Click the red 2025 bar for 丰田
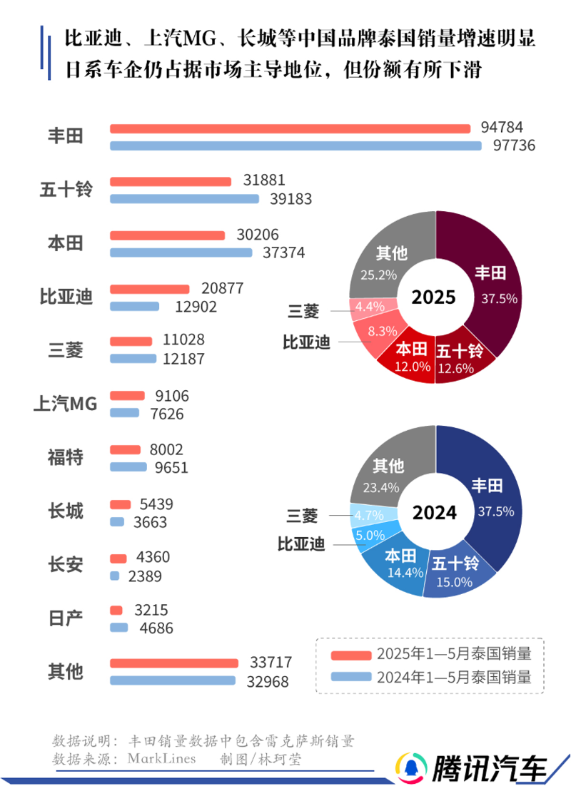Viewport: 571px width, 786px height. [290, 129]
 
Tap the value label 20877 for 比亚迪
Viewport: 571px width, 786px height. [222, 289]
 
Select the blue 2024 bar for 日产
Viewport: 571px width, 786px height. [118, 628]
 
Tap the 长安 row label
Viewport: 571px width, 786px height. [65, 565]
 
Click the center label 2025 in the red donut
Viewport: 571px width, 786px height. [435, 297]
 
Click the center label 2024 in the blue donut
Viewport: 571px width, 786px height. [435, 511]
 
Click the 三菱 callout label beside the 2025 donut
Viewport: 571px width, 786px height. [303, 311]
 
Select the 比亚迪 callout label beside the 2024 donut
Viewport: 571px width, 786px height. [301, 544]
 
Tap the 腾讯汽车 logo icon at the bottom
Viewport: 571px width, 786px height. [410, 767]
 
